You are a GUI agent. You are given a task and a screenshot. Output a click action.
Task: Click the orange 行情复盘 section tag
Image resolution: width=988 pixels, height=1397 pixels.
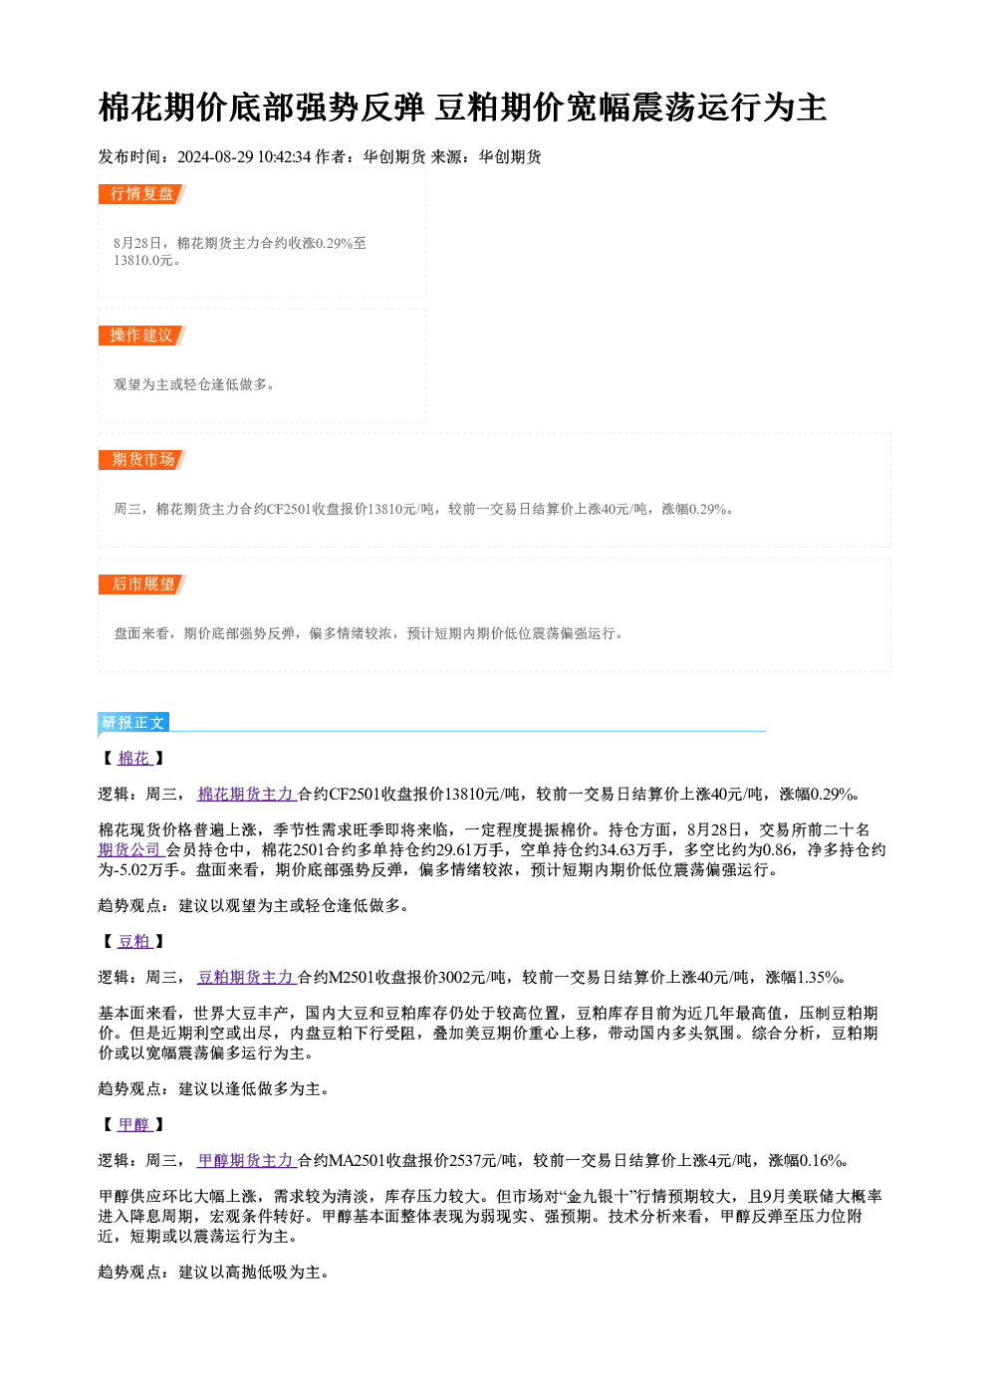tap(142, 194)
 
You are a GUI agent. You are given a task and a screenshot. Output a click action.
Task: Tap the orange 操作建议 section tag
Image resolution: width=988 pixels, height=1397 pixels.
tap(142, 336)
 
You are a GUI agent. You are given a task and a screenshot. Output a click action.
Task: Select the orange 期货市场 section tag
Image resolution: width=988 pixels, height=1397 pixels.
tap(142, 460)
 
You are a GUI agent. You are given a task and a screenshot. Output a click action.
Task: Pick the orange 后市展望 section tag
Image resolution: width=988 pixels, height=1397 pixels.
tap(142, 584)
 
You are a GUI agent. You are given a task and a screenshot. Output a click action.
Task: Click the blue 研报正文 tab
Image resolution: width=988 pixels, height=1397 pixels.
tap(133, 722)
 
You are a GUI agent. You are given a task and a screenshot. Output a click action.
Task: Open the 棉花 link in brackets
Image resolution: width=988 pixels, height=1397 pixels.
tap(134, 759)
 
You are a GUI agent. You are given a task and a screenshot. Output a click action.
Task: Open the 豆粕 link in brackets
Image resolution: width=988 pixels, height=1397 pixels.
tap(134, 941)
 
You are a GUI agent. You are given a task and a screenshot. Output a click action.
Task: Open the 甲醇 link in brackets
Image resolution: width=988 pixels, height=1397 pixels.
tap(134, 1124)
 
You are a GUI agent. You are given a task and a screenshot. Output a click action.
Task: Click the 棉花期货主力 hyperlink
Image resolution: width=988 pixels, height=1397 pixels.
tap(246, 794)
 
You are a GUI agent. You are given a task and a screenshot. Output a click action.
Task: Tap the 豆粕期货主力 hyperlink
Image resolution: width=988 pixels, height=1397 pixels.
tap(246, 977)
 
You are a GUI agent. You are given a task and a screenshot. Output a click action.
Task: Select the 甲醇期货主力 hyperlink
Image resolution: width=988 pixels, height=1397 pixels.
tap(246, 1161)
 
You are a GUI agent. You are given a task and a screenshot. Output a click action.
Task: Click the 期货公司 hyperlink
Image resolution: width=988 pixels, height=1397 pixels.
tap(130, 849)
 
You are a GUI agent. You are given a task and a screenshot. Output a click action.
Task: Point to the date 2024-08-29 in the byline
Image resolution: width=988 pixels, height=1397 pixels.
tap(215, 156)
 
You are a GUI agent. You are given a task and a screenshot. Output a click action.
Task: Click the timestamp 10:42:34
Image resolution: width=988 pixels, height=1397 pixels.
tap(284, 156)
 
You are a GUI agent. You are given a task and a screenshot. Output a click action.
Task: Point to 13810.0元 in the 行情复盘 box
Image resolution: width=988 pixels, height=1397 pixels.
tap(142, 260)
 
